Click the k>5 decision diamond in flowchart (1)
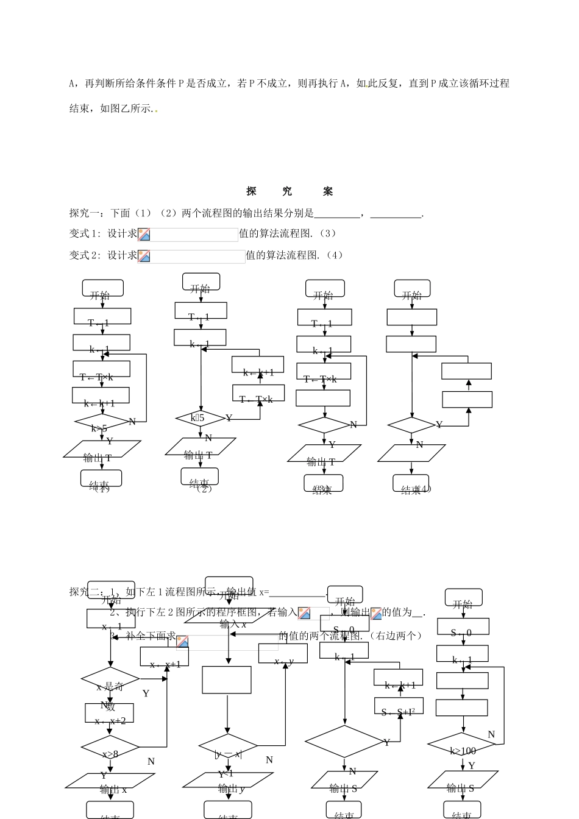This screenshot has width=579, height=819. pos(101,421)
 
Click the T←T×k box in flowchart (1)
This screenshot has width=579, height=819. pos(101,369)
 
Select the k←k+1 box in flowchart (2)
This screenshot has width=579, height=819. pos(258,364)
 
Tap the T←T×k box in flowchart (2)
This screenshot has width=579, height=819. pos(258,393)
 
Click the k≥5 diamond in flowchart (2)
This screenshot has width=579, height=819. pos(201,419)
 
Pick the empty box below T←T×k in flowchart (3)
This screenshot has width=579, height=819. pos(323,398)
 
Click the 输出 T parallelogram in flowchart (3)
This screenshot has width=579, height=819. pos(324,453)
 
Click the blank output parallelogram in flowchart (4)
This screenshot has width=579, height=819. pos(411,453)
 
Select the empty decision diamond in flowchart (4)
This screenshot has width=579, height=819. pos(412,425)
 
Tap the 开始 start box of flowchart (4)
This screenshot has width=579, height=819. pos(412,289)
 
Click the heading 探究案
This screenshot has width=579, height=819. pos(289,191)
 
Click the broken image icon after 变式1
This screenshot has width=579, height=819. pos(144,235)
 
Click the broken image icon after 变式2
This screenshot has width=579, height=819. pos(144,256)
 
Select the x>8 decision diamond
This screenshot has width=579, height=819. pos(110,746)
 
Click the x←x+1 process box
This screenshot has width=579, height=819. pos(165,656)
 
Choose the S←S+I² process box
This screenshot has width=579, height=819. pos(399,706)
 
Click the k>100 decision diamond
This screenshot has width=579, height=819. pos(462,744)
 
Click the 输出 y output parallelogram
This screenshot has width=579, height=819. pos(229,781)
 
